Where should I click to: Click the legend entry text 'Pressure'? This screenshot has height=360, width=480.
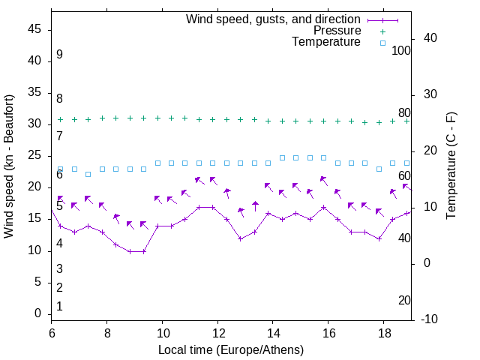coord(337,31)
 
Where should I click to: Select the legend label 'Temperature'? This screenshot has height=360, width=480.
coord(326,42)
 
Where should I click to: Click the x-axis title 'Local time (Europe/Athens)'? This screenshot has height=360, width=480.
coord(231,349)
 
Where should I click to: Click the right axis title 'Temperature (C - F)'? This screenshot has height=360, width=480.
coord(451,166)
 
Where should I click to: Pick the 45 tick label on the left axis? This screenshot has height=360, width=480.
coord(34,29)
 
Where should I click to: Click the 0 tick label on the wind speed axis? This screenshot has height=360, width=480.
coord(38,313)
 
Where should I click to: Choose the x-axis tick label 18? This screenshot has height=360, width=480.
coord(384,332)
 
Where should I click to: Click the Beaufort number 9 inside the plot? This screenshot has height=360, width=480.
coord(59,55)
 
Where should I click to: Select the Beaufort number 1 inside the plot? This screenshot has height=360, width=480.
coord(59,306)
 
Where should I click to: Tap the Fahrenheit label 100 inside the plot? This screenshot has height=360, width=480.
coord(401,51)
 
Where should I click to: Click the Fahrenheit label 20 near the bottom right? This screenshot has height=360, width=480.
coord(404,300)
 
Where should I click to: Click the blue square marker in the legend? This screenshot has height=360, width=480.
coord(382,43)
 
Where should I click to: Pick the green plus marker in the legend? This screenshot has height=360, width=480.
coord(382,31)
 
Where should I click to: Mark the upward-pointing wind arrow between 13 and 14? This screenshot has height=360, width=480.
coord(255,206)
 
